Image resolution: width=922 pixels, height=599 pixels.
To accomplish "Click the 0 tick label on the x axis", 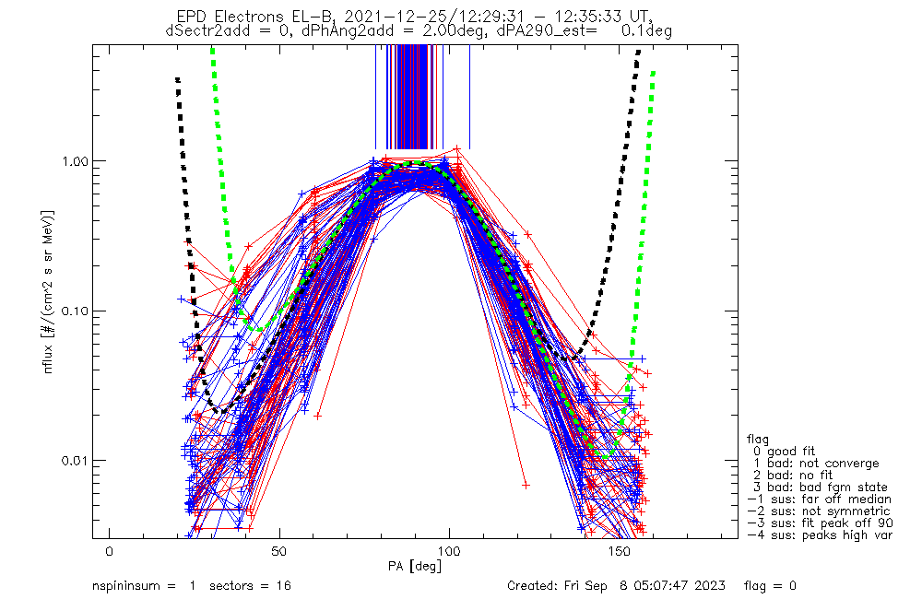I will pos(110,551).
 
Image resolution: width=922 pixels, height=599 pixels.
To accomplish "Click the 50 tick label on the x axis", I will pos(279,551).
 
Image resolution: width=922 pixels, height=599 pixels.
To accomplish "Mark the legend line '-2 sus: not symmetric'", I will pos(819,511).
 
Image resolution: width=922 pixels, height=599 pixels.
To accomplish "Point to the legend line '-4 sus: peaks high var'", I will pos(819,534).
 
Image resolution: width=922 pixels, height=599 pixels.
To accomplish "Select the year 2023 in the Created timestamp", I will pos(710,586).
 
